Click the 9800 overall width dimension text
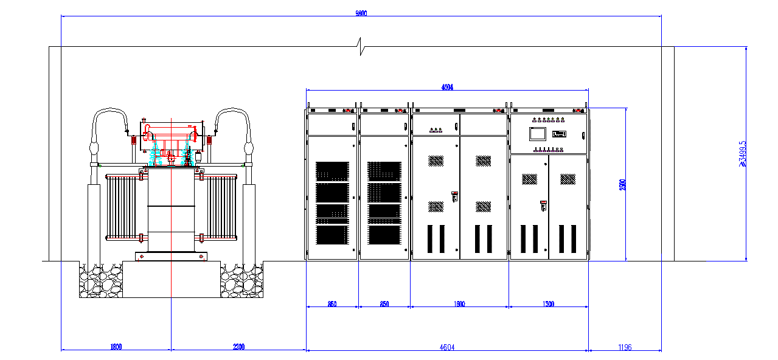(x=361, y=13)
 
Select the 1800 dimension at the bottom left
(x=116, y=347)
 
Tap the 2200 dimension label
(x=238, y=347)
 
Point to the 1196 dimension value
(x=625, y=347)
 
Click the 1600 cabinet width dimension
(x=459, y=304)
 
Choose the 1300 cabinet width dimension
(x=547, y=304)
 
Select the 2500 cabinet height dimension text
(x=622, y=185)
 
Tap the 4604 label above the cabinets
(x=447, y=88)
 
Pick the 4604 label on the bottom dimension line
(x=447, y=347)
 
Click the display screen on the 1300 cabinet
(x=538, y=134)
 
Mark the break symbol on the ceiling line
(x=361, y=46)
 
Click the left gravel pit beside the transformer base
(x=101, y=281)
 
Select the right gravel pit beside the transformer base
(x=241, y=281)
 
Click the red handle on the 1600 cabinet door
(x=454, y=196)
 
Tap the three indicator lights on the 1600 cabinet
(x=436, y=130)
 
